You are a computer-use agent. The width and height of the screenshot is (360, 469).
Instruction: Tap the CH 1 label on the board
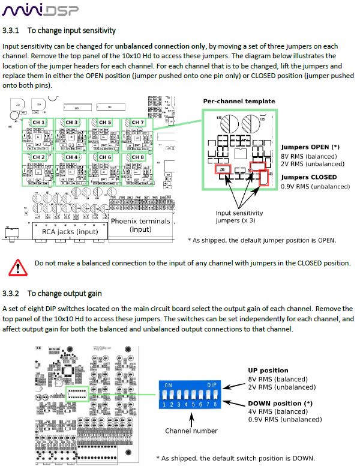coord(39,123)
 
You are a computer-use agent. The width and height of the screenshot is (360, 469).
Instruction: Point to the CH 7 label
coord(138,123)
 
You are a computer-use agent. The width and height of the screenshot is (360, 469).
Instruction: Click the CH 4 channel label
coord(72,157)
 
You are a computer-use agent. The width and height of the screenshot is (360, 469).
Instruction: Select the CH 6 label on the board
coord(105,157)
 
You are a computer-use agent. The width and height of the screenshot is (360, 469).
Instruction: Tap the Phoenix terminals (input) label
coord(139,225)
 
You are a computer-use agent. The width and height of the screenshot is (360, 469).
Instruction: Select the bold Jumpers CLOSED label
coord(309,177)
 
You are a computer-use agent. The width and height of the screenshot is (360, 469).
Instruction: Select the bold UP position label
coord(268,371)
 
